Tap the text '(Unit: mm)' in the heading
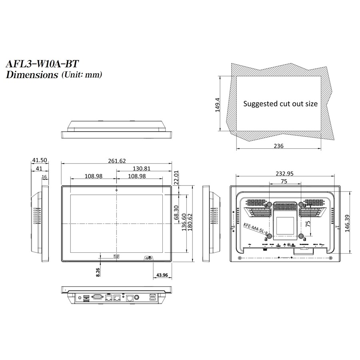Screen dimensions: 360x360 coord(82,74)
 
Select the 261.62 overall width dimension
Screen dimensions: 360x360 coord(116,161)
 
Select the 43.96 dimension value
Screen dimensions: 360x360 coord(162,275)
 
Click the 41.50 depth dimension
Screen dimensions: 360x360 coord(40,160)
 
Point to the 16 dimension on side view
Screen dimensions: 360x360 coord(44,176)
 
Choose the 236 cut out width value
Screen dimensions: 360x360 coord(278,146)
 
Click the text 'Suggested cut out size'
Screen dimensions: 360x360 coord(280,104)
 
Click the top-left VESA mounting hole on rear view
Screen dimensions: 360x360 coord(269,205)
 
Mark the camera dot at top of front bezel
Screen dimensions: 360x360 coord(116,189)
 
